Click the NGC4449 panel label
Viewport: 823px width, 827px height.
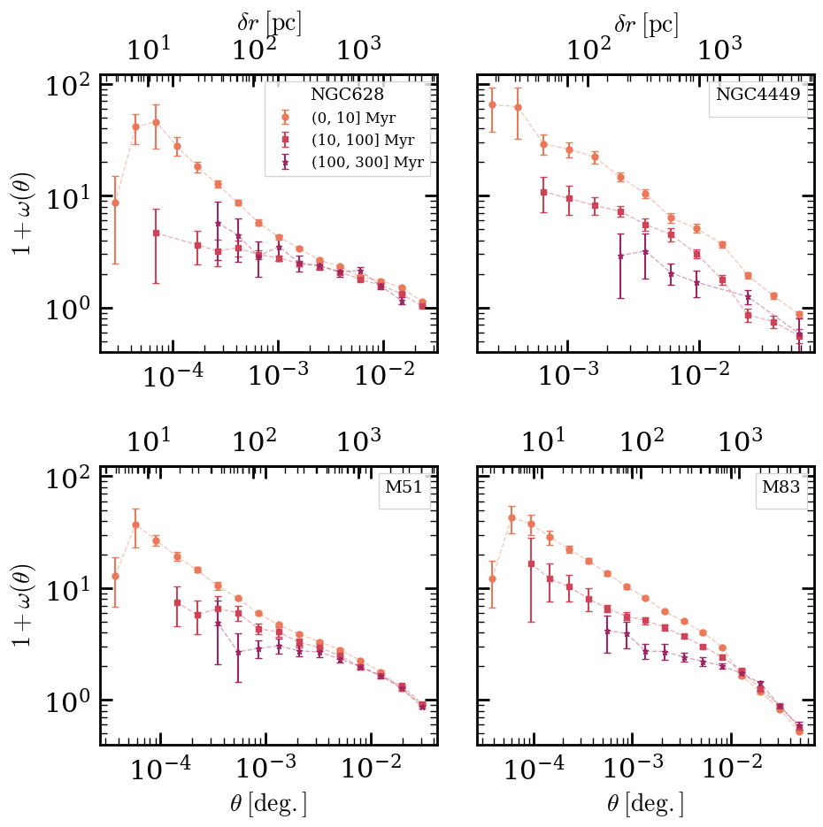click(x=761, y=96)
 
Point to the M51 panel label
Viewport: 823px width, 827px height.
click(x=405, y=489)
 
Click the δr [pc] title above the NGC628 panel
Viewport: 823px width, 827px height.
click(x=269, y=23)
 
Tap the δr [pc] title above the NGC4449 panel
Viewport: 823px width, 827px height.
click(x=646, y=23)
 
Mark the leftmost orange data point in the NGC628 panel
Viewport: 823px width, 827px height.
click(x=115, y=203)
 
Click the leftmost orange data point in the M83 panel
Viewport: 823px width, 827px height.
click(x=492, y=579)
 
